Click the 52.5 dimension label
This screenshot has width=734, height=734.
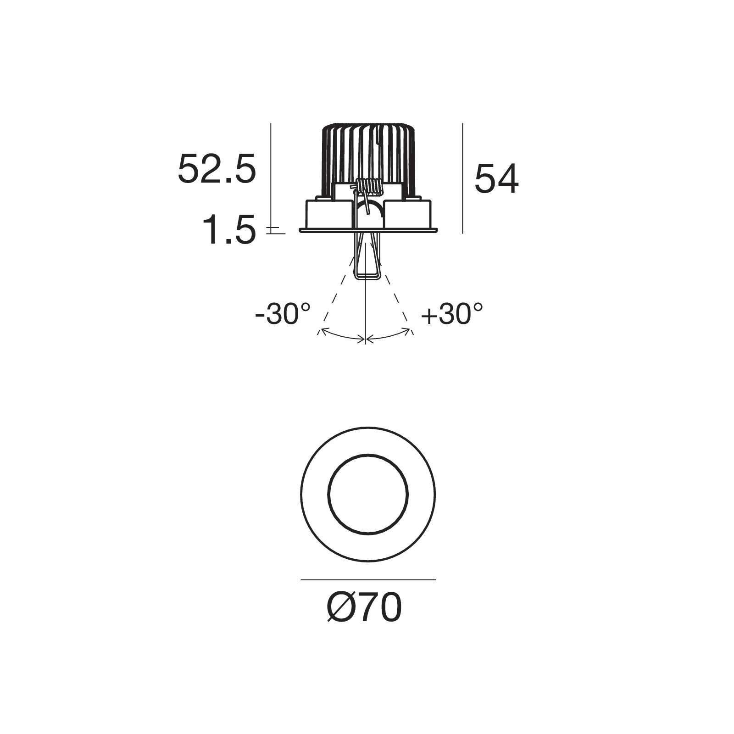[217, 169]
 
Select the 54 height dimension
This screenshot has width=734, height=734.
[496, 179]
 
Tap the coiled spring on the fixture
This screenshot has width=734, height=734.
[368, 186]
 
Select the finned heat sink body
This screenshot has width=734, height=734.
[368, 158]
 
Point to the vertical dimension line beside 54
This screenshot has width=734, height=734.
[462, 178]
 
